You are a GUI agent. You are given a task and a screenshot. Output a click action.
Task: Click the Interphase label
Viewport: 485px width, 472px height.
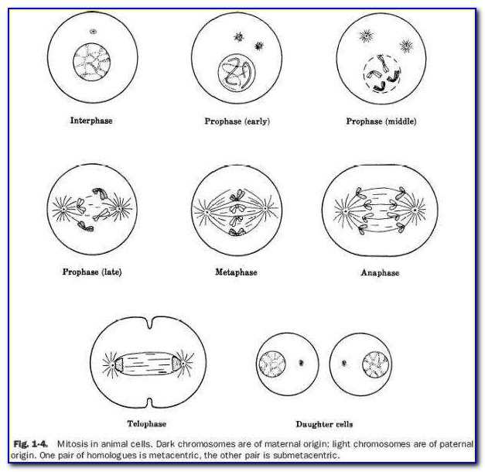tap(91, 121)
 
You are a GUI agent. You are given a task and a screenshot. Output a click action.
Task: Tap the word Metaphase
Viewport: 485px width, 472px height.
tap(237, 272)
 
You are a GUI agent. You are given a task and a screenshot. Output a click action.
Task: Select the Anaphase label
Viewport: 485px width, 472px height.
tap(380, 272)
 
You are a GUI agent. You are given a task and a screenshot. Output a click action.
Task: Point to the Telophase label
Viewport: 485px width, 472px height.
tap(147, 423)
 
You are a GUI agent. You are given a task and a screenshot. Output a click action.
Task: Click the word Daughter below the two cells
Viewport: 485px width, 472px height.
tap(311, 424)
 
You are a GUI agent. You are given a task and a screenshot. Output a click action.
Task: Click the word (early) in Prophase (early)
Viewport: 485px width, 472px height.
tap(258, 121)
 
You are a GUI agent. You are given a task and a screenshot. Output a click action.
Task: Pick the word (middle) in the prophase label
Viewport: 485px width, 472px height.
tap(401, 121)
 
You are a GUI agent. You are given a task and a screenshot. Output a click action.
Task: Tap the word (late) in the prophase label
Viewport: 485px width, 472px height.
tap(111, 272)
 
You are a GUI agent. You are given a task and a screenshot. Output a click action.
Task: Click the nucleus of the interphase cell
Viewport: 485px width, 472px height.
tap(92, 62)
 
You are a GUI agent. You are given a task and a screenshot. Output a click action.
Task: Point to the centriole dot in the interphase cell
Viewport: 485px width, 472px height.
tap(93, 31)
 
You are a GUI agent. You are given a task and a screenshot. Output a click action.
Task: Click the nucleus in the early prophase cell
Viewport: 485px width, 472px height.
tap(237, 73)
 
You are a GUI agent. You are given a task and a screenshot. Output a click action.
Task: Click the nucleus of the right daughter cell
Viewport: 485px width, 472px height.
tap(375, 364)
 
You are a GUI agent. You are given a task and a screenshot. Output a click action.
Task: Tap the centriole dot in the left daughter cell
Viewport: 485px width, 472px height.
tap(301, 362)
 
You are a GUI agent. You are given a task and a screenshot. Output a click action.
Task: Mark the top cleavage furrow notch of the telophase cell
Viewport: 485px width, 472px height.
tap(150, 323)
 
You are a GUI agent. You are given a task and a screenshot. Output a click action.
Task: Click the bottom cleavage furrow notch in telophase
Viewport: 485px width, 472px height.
tap(150, 402)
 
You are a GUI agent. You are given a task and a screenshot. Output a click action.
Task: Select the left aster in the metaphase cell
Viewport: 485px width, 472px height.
tap(205, 212)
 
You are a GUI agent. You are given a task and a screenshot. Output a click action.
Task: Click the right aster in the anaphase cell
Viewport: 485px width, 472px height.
tap(415, 210)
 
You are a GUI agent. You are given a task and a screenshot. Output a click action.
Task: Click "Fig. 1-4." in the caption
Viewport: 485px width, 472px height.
tap(30, 444)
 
